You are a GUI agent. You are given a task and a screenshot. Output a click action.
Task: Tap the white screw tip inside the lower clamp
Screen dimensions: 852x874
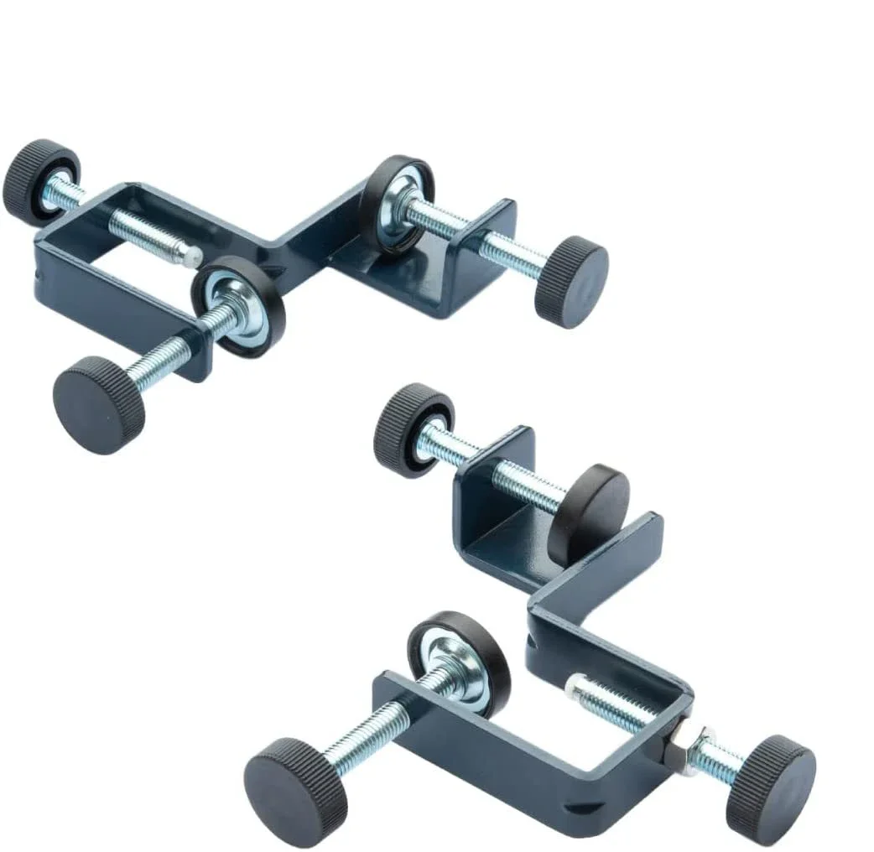click(x=574, y=688)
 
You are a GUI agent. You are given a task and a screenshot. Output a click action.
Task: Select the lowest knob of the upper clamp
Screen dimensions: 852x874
click(x=98, y=405)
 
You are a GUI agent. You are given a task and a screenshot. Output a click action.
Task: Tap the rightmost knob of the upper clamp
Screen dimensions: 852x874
click(x=571, y=281)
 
